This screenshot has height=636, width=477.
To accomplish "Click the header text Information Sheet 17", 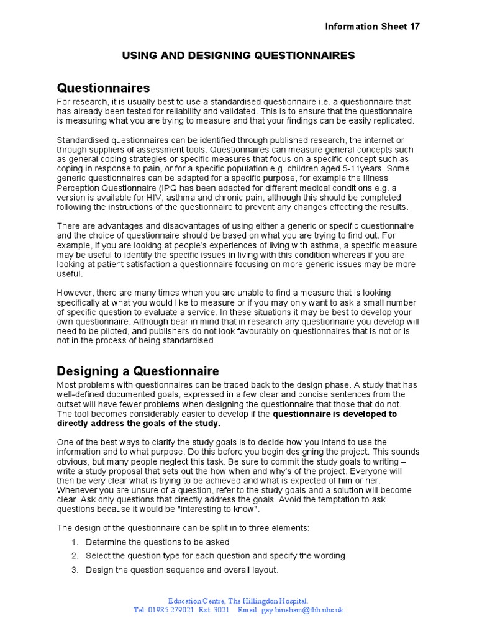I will (x=373, y=26).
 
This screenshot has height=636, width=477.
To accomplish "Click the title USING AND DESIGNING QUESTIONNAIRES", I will (x=238, y=56).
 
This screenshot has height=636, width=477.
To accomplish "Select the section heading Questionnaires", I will (x=103, y=88).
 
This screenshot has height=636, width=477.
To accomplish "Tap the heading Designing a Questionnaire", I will (x=138, y=371).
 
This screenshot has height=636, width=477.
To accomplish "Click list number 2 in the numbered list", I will (x=75, y=556).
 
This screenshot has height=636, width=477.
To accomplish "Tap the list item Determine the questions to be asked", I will (x=157, y=542).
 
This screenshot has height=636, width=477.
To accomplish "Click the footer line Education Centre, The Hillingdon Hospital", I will (x=238, y=601).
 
